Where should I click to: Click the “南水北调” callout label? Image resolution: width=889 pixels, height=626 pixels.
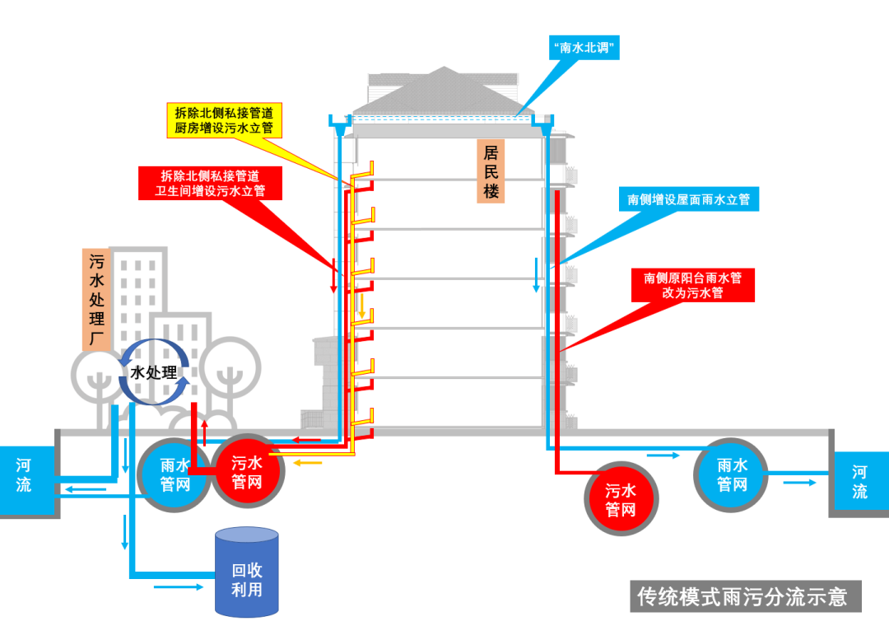[584, 49]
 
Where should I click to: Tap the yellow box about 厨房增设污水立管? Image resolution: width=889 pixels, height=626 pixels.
[224, 120]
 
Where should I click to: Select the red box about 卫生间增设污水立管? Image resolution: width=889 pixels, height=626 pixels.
[211, 184]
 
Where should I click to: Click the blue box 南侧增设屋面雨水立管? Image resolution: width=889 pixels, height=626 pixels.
[688, 199]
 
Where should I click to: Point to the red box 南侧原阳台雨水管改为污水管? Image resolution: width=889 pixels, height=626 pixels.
[693, 285]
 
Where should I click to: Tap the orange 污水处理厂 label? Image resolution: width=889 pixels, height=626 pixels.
[97, 298]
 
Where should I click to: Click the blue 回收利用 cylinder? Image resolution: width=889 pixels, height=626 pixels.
[246, 572]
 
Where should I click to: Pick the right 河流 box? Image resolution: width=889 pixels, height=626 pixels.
[859, 481]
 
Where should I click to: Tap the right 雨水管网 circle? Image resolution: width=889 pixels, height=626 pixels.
[731, 475]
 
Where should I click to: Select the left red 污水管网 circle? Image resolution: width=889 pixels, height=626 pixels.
[247, 473]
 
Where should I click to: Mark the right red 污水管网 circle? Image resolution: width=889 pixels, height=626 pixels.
[621, 500]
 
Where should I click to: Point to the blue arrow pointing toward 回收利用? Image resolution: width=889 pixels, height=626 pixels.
[177, 587]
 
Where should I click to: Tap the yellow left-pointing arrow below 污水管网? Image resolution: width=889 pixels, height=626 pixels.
[309, 463]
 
